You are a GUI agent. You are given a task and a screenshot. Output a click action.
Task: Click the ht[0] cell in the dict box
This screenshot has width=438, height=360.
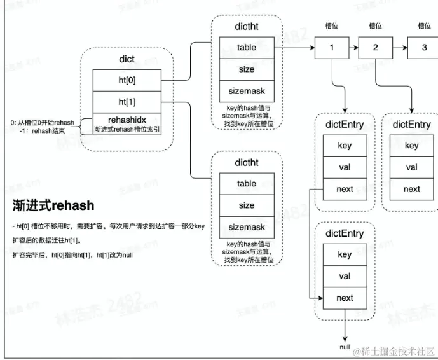pos(127,80)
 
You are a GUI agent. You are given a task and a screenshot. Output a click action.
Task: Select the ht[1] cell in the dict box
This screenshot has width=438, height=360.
pos(127,102)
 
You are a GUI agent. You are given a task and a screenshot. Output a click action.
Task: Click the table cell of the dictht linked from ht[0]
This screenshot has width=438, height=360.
pos(247,47)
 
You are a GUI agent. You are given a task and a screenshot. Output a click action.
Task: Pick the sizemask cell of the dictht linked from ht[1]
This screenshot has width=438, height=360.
pos(247,226)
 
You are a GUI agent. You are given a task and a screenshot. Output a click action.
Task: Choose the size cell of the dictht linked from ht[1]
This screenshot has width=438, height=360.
pos(247,205)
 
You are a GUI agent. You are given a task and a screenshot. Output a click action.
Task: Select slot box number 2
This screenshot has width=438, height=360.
pos(375,48)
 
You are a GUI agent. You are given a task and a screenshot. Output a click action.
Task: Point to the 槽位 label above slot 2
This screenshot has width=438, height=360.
pos(375,26)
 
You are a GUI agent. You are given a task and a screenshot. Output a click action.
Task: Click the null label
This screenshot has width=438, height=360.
pos(345,347)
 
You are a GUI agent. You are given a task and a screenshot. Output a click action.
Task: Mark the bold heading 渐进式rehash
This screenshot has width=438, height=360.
pos(53,205)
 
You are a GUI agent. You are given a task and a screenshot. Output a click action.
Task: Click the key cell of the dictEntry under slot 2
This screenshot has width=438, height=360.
pos(411,146)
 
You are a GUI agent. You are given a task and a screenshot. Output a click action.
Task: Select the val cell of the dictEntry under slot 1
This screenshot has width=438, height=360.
pos(344,167)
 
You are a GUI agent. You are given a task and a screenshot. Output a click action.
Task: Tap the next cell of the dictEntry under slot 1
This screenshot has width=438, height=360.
pos(344,189)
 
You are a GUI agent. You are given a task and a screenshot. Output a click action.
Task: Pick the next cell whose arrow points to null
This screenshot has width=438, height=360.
pos(344,298)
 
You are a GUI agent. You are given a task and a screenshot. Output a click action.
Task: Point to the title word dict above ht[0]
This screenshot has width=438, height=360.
pos(127,59)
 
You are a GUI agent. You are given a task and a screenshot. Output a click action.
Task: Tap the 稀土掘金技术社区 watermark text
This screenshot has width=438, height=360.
pos(397,352)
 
